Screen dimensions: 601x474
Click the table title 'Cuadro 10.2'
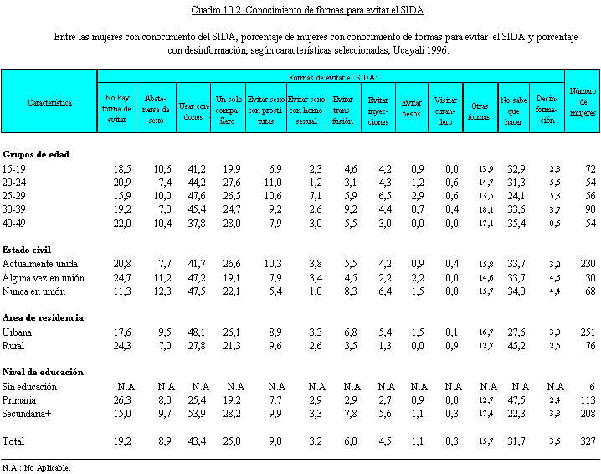point(216,10)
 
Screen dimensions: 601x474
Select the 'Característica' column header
point(50,102)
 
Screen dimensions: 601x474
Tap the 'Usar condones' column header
point(193,111)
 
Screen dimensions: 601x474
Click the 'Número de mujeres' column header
point(583,101)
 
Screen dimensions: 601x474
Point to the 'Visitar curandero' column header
point(445,111)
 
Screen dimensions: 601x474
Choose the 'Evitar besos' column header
point(411,108)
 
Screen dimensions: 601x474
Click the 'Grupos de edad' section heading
point(36,154)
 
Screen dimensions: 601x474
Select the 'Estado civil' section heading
point(27,250)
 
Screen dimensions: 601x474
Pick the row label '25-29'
point(13,196)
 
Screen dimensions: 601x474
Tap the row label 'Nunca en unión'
point(33,291)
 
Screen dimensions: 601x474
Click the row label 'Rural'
point(13,346)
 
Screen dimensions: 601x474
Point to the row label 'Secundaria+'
point(27,414)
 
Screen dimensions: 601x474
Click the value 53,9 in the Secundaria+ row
point(197,414)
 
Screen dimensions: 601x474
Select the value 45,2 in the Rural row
point(516,346)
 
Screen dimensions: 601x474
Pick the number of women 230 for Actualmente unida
point(588,264)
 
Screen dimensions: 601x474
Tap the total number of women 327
point(588,441)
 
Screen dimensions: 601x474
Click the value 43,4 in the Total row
point(197,441)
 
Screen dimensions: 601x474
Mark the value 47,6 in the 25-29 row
point(197,196)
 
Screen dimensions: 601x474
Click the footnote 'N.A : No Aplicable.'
point(37,468)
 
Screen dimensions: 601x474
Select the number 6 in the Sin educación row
point(593,387)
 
